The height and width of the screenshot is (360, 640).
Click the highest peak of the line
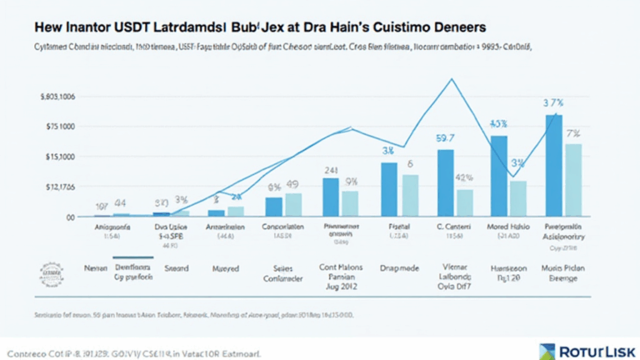[x=452, y=79]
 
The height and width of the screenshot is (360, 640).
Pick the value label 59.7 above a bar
[x=446, y=139]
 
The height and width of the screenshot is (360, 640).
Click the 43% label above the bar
[x=498, y=125]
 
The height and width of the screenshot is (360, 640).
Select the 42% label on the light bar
[x=464, y=177]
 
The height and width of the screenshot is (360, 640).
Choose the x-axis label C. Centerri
[x=448, y=226]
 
